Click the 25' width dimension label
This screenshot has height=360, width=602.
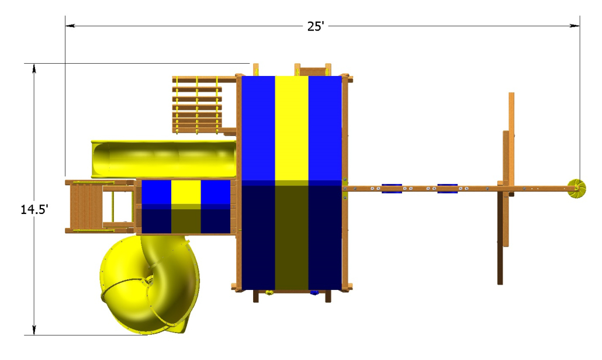point(316,26)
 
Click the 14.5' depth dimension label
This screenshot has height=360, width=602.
point(34,210)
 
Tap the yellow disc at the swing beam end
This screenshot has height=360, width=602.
point(577,188)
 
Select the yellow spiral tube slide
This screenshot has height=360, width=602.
point(150,284)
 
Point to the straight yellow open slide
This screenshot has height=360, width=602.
point(164,159)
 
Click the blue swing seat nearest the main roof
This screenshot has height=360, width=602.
point(392,188)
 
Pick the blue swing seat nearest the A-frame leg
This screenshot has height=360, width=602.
point(448,188)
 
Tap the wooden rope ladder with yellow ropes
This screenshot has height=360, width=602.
point(197,105)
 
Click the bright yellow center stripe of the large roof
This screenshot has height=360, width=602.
point(292,128)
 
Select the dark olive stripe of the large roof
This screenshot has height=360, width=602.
point(292,238)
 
